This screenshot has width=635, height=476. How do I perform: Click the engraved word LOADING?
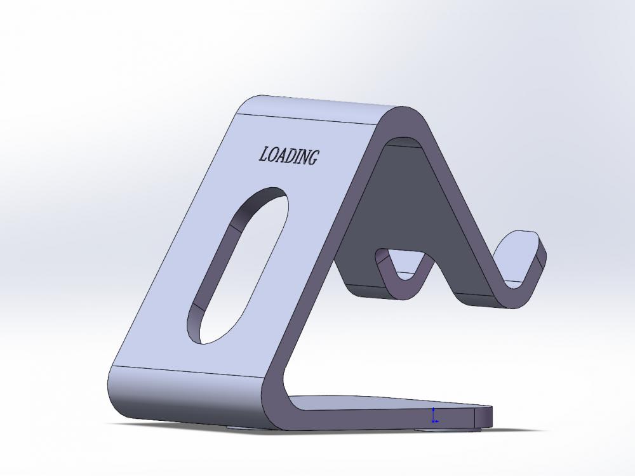point(288,155)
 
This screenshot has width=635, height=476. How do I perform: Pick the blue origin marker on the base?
point(433,416)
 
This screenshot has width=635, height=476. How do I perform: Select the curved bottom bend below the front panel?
point(184,400)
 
